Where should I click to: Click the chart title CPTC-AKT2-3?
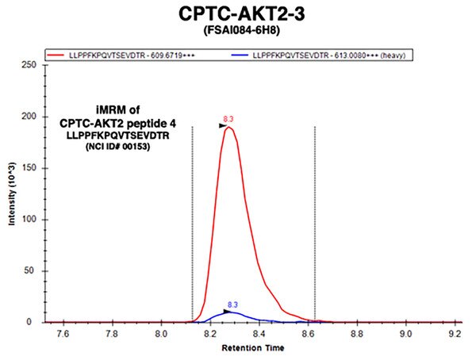coord(242,13)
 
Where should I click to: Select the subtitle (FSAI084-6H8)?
coord(242,30)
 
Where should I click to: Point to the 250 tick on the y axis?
coord(29,65)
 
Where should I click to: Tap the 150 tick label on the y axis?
coord(29,168)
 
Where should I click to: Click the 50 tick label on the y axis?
coord(31,270)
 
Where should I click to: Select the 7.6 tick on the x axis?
coord(63,334)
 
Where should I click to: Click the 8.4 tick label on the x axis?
coord(259,334)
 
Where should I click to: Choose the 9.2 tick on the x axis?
coord(455,334)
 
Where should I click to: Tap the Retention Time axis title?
coord(253,348)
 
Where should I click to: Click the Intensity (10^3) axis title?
coord(12,194)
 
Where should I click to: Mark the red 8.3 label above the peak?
coord(228,119)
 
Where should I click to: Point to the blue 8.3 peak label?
coord(232,304)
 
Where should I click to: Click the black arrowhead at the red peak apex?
coord(223,126)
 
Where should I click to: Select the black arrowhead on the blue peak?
coord(227,312)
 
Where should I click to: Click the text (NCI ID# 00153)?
coord(117,147)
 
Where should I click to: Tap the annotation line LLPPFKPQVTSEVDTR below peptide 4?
coord(117,136)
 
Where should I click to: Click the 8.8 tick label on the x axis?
coord(357,334)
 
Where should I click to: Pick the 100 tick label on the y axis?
coord(29,219)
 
